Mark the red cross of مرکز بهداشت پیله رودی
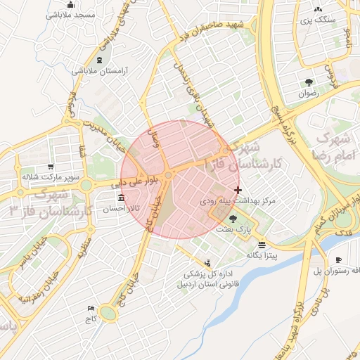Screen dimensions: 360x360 pos(238,190)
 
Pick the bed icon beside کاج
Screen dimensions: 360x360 pos(90,309)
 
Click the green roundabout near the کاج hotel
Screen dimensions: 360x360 pos(108,311)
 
